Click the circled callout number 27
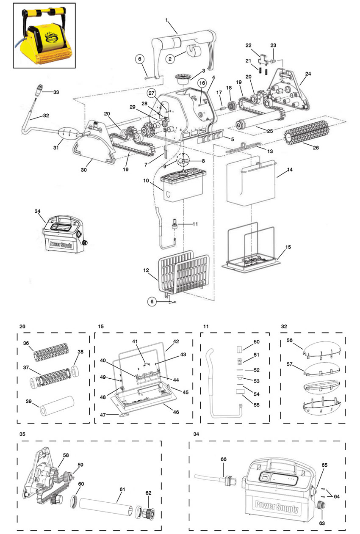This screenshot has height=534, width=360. coord(152,93)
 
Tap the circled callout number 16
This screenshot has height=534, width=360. coord(202,83)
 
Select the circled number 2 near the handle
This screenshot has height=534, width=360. coord(170,59)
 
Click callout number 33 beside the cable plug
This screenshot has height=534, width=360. coord(56,92)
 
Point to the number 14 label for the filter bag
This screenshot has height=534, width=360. coord(290,170)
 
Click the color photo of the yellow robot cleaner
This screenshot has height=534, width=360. coord(44,36)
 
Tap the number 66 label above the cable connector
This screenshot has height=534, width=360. coord(224,459)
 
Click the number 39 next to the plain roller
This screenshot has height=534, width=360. coord(29,401)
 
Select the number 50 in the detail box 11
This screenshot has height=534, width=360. coord(257,341)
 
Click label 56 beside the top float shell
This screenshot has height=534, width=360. coord(289,340)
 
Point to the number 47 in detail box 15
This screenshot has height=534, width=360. coord(102,415)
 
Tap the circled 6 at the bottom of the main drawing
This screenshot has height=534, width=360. coord(152,302)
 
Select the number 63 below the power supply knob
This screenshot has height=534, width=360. coord(322,523)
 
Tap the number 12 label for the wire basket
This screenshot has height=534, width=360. coord(146,270)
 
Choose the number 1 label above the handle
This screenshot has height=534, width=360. coord(166,20)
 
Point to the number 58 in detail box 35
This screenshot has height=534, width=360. coord(66,455)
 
